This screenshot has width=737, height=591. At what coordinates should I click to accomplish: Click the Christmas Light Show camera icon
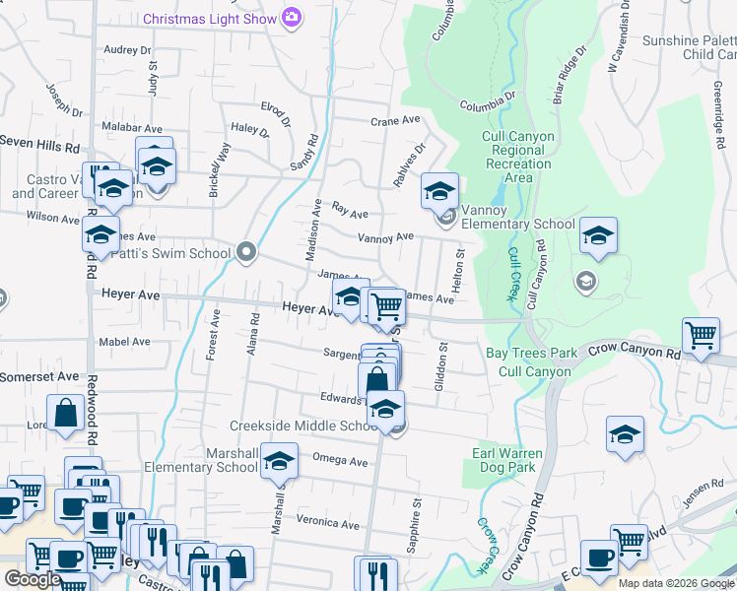[291, 18]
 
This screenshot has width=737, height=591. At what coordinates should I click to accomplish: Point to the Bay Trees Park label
[531, 352]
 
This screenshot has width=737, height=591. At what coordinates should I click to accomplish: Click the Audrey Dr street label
[127, 49]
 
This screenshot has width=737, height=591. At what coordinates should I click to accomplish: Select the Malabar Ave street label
[132, 127]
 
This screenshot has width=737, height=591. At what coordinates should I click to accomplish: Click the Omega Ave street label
[339, 461]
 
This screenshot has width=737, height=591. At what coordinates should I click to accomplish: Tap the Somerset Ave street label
[39, 376]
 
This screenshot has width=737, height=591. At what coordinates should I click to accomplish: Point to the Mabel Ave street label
[124, 342]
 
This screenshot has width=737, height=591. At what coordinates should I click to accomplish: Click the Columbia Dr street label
[488, 101]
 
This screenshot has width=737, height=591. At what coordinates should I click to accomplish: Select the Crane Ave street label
[395, 120]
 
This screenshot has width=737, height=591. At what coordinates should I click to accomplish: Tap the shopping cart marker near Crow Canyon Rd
[701, 335]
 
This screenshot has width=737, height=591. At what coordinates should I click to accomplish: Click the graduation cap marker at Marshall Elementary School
[280, 461]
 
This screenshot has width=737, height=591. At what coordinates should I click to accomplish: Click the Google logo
[33, 579]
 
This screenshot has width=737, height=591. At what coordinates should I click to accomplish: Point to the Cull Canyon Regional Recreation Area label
[518, 157]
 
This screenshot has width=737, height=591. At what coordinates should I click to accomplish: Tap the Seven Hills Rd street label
[39, 145]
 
